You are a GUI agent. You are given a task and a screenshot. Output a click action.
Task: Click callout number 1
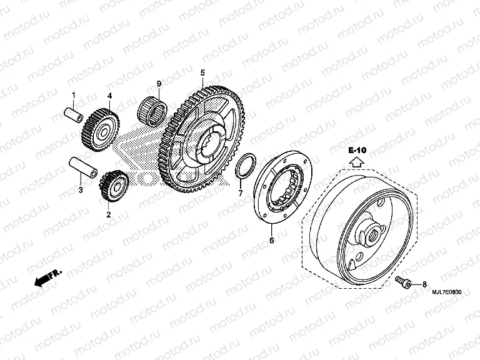(72, 95)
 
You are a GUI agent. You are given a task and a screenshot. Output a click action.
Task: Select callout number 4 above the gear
(109, 96)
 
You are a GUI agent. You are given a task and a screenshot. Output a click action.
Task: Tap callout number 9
(159, 83)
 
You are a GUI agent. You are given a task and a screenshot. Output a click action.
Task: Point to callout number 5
(202, 73)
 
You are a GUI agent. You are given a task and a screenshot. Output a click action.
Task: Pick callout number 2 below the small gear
(108, 214)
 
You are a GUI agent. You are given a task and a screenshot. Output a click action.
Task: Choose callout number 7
(240, 194)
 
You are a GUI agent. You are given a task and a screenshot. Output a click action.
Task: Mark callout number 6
(271, 240)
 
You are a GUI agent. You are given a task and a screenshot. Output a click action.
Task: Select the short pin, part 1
(74, 117)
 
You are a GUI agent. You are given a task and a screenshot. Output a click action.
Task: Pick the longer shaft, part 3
(82, 167)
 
